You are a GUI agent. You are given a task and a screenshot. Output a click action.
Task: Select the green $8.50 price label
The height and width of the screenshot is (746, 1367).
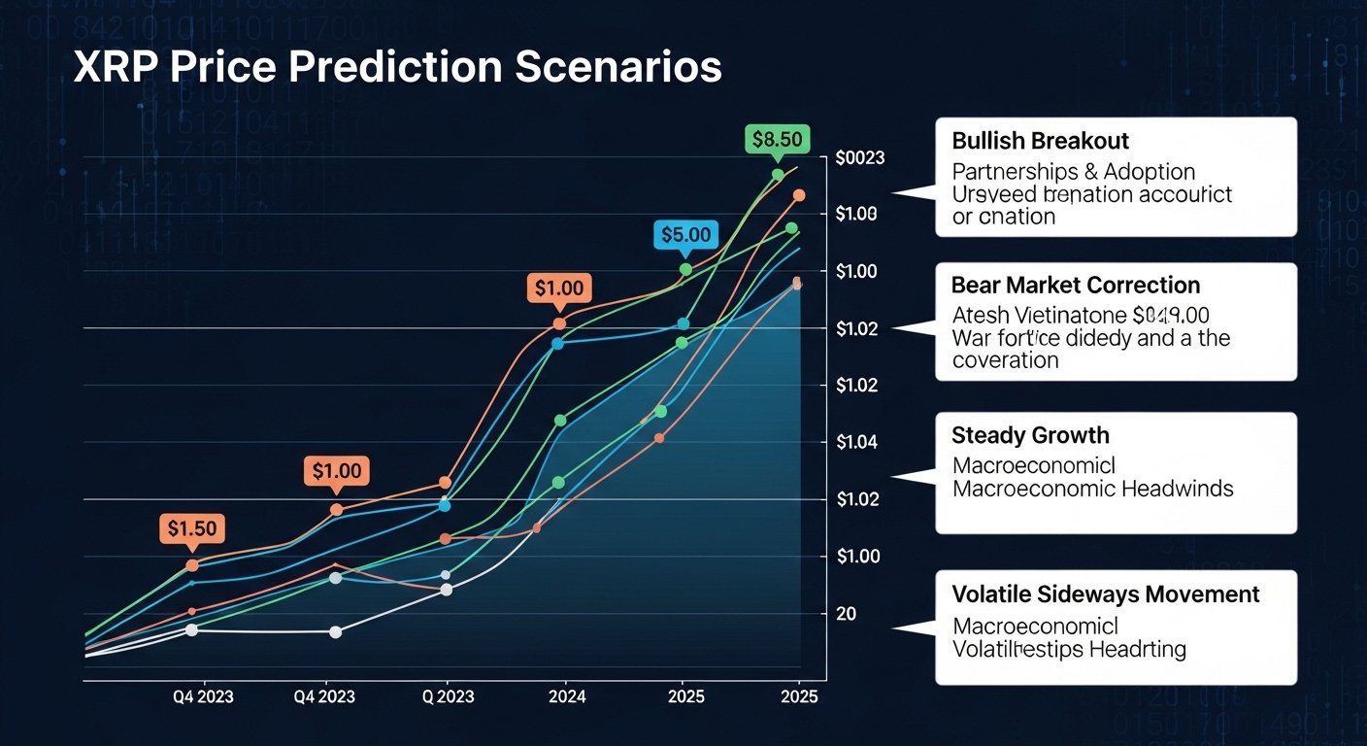click(x=777, y=139)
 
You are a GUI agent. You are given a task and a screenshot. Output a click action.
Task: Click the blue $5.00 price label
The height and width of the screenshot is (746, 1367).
click(x=686, y=234)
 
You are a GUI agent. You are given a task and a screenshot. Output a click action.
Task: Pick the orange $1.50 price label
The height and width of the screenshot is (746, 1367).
click(x=191, y=528)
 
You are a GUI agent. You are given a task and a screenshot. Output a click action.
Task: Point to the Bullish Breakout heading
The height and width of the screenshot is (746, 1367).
click(x=1040, y=142)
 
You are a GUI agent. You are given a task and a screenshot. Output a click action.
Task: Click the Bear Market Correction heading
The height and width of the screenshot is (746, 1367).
click(x=1075, y=286)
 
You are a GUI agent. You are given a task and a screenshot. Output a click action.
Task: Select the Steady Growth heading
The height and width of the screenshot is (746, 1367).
click(x=1030, y=435)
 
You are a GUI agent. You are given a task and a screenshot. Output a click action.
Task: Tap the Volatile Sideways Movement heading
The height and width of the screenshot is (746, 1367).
click(x=1106, y=594)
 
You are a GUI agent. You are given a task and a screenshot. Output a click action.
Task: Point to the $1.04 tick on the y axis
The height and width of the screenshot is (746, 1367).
click(x=856, y=443)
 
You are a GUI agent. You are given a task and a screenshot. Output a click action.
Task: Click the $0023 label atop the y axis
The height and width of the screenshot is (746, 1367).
click(x=859, y=158)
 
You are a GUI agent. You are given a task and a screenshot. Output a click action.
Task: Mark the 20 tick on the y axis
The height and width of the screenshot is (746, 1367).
click(x=846, y=614)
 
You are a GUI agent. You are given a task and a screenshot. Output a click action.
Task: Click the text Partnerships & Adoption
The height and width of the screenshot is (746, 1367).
click(x=1073, y=172)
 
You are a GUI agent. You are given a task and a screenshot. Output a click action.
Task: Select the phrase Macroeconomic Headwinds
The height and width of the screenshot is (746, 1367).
click(x=1092, y=489)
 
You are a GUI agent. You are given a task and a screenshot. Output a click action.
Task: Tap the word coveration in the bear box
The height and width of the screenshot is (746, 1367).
click(x=1005, y=360)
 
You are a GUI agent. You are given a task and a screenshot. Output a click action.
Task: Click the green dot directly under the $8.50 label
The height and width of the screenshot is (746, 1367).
click(x=778, y=175)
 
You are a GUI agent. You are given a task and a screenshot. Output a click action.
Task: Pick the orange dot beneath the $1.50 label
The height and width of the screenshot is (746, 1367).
click(x=191, y=565)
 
